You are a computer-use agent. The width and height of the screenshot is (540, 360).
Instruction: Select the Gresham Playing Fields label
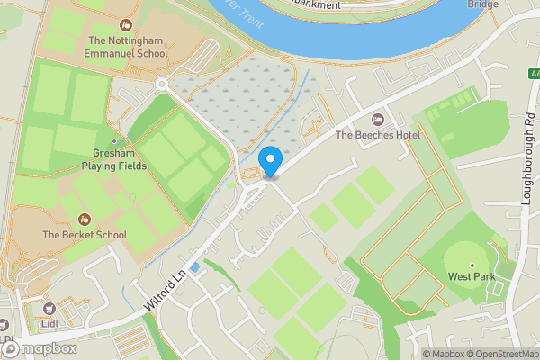[114, 160]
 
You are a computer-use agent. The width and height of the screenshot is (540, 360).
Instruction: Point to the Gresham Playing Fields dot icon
[114, 141]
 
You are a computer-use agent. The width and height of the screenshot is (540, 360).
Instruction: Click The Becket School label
[85, 235]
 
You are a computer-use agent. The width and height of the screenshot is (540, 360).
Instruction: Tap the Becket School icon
[85, 218]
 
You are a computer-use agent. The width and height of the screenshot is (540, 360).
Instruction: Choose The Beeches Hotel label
[378, 135]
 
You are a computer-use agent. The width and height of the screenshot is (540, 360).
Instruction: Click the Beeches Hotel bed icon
[378, 119]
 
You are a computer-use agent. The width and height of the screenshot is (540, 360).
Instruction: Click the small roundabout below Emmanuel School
[162, 85]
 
